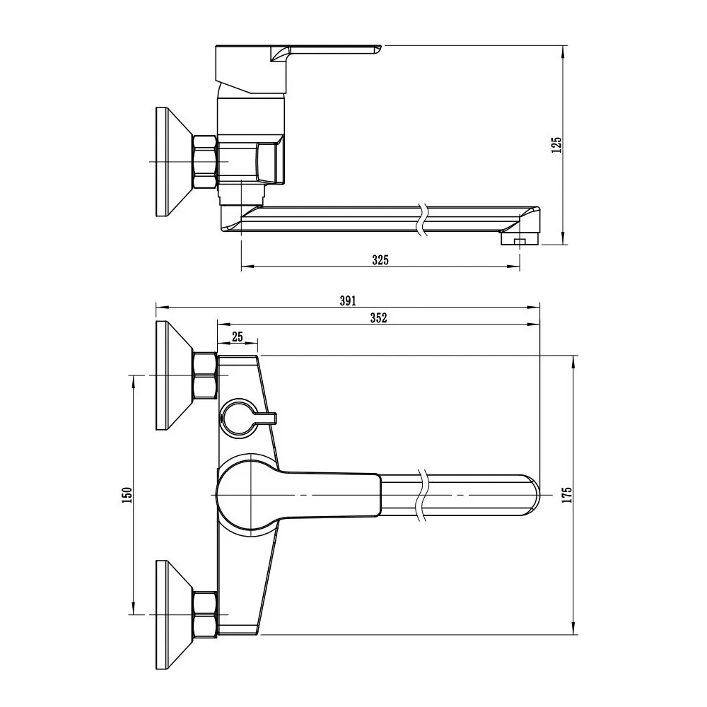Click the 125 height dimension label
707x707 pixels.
[x=557, y=145]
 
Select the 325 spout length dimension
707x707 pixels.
[x=380, y=259]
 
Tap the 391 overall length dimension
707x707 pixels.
[x=347, y=300]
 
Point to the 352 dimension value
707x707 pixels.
[x=378, y=318]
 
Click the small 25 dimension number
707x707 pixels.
[x=238, y=337]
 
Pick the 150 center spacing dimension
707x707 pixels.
[x=127, y=495]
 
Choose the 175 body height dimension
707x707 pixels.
[x=566, y=495]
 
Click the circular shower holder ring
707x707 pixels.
[x=238, y=417]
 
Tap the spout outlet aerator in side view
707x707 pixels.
[x=518, y=241]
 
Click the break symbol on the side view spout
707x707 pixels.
[x=422, y=219]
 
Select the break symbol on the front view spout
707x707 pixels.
[x=423, y=495]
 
